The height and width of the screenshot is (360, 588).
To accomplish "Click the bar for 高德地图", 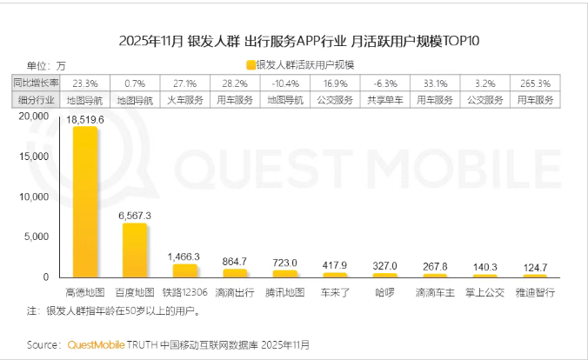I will (85, 202).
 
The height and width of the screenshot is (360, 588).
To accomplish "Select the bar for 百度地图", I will (135, 250).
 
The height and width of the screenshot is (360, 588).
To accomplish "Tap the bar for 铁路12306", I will (185, 270).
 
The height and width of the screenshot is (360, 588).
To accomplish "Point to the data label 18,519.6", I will (85, 118).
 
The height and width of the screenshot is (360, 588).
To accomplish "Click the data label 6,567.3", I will (135, 215).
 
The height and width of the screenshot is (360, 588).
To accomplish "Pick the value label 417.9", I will (334, 265).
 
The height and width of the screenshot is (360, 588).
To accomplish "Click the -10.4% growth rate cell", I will (284, 83).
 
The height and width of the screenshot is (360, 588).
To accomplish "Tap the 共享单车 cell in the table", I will (384, 100).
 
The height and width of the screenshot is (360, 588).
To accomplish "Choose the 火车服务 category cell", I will (184, 100).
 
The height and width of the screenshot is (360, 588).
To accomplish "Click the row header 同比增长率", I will (37, 83).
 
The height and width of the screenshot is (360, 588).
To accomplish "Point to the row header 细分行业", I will (37, 100).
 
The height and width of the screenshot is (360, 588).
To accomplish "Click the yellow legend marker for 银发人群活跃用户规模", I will (251, 65).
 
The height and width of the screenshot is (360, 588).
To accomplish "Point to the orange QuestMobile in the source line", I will (98, 344).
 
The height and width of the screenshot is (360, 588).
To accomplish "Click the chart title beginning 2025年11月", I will (293, 40).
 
